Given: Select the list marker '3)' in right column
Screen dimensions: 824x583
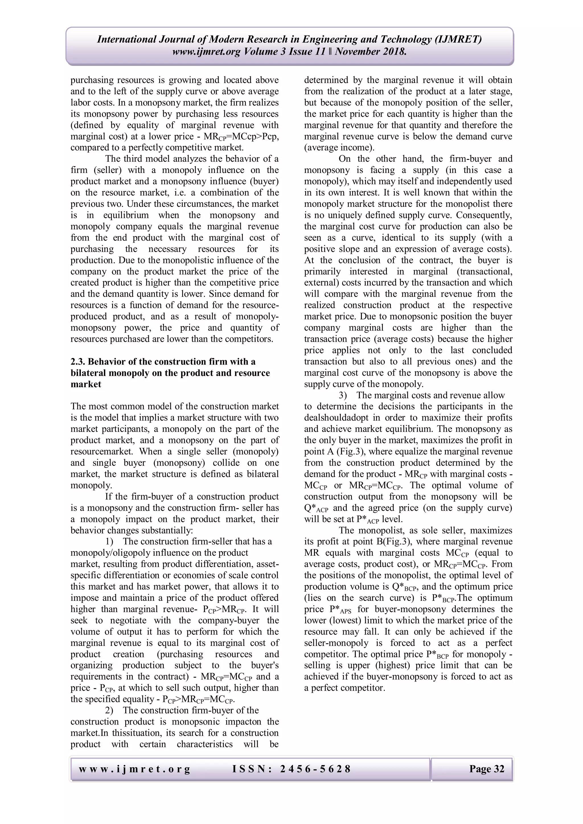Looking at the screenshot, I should [343, 395].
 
